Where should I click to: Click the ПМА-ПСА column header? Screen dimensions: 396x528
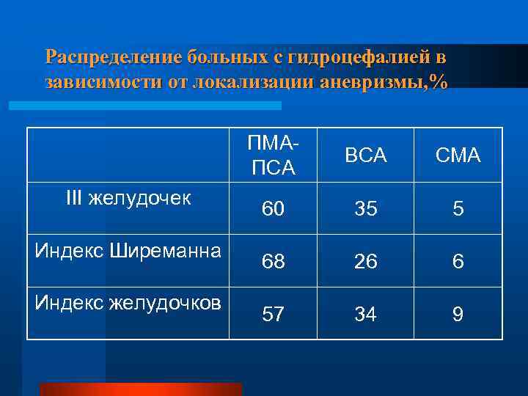tap(274, 155)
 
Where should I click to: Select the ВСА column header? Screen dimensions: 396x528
tap(365, 155)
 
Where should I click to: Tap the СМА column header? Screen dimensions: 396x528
tap(458, 155)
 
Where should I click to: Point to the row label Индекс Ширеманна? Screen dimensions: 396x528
tap(128, 251)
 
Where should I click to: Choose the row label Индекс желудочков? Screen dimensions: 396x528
tap(128, 304)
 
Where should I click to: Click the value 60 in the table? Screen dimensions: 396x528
tap(274, 210)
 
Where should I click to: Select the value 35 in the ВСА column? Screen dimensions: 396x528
tap(365, 210)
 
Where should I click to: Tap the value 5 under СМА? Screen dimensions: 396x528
tap(458, 210)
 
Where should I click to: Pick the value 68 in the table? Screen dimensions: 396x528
tap(274, 262)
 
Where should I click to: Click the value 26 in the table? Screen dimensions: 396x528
tap(365, 262)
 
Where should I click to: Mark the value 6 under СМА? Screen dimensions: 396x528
tap(458, 262)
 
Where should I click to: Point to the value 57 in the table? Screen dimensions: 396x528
tap(274, 315)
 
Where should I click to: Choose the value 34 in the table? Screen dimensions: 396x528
tap(365, 315)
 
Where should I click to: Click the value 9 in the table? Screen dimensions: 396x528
tap(458, 315)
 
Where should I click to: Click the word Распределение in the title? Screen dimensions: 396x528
tap(113, 57)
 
